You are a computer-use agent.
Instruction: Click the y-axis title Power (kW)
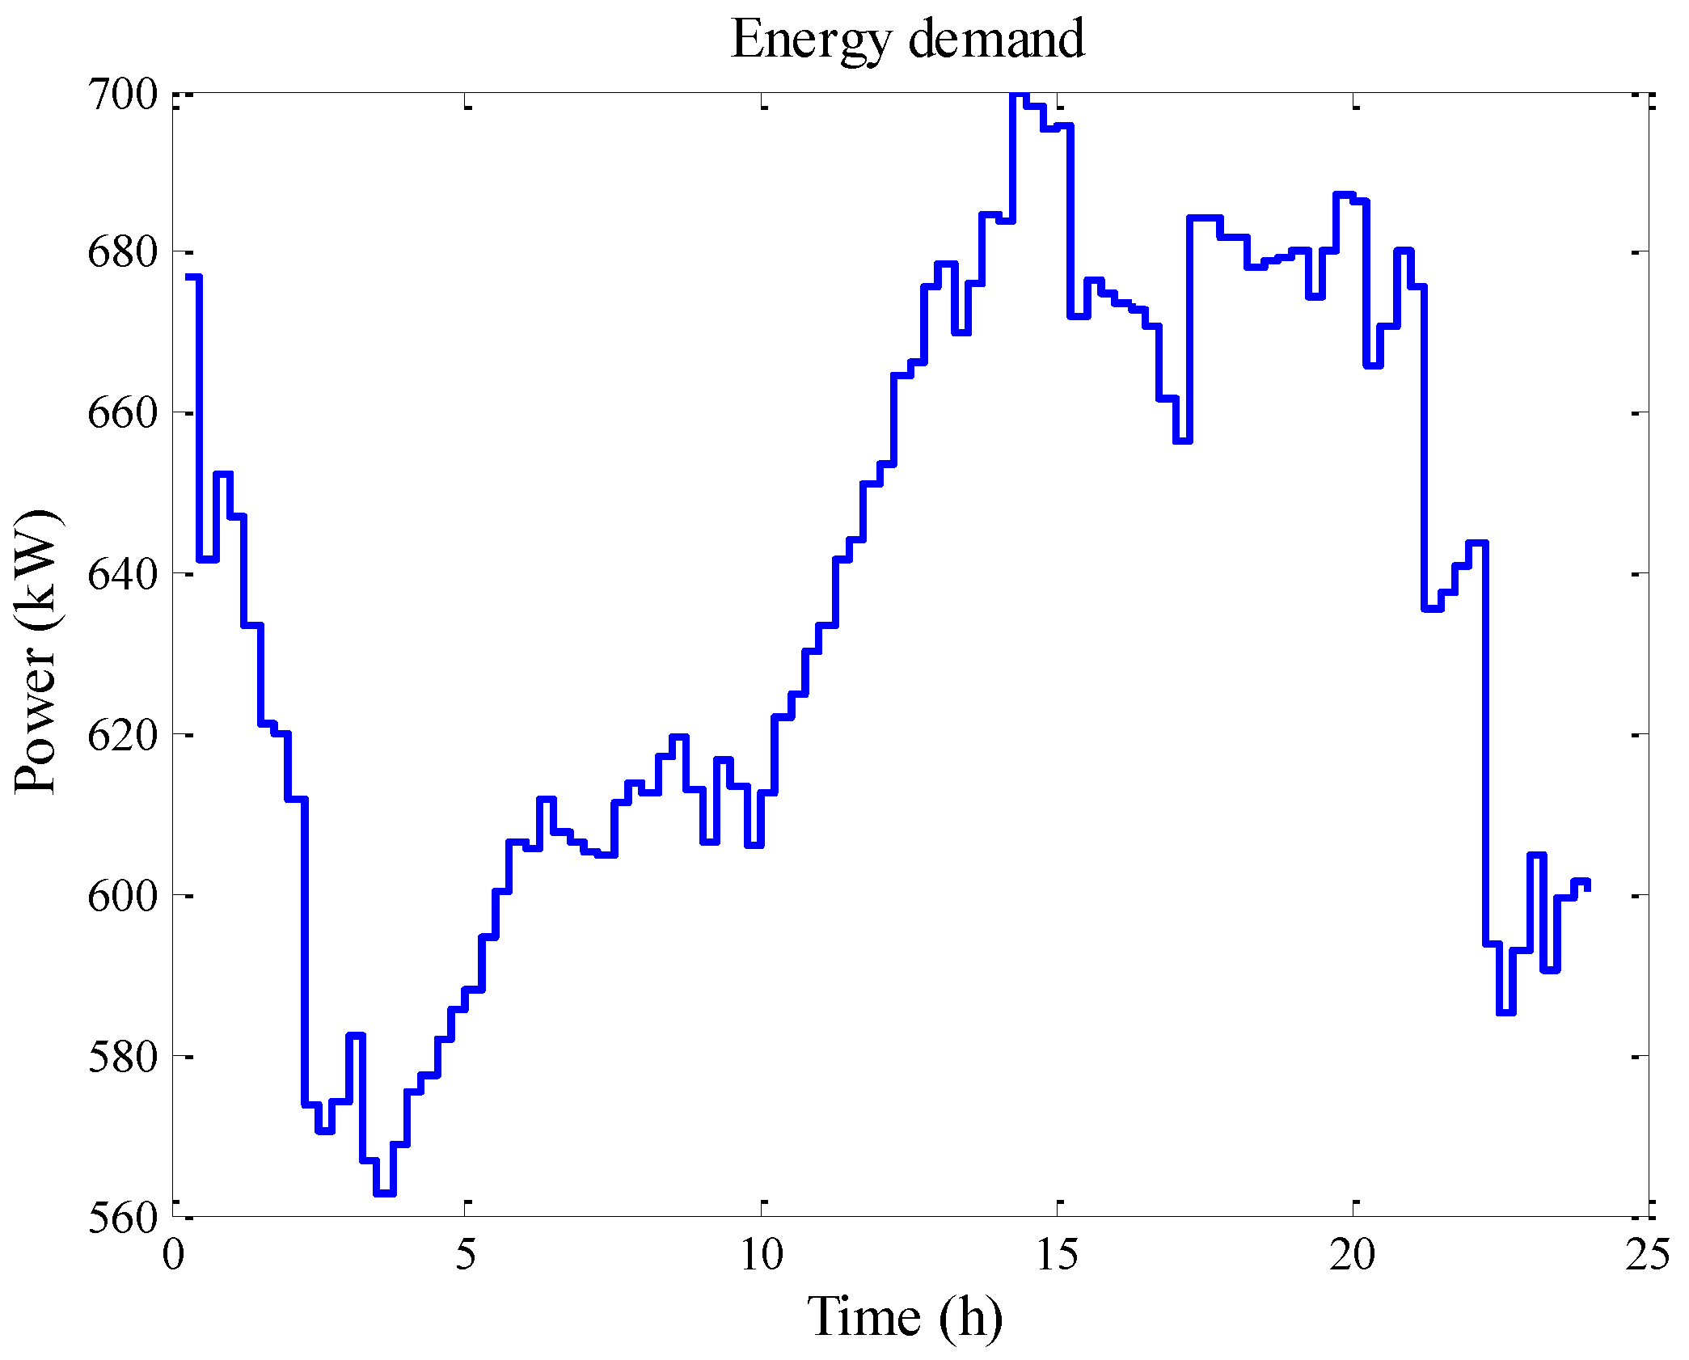pos(36,652)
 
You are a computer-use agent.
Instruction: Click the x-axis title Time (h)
pos(905,1317)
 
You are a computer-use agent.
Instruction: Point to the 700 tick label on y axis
pos(122,95)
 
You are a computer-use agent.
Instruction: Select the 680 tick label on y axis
pos(122,253)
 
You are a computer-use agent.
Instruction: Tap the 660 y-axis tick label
pos(122,413)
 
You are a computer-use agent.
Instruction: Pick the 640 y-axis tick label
pos(122,574)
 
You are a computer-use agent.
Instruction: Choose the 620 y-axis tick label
pos(122,735)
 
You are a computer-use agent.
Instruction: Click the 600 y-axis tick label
pos(122,896)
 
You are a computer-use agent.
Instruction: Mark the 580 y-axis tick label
pos(122,1057)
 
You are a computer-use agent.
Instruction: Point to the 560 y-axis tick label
pos(122,1218)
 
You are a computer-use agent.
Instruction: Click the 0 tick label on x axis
pos(173,1255)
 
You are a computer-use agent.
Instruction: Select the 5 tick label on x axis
pos(466,1255)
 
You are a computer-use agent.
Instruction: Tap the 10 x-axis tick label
pos(762,1255)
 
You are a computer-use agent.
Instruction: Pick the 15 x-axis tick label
pos(1058,1255)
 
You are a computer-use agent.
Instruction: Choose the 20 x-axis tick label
pos(1353,1255)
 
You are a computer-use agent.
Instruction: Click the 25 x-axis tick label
pos(1648,1255)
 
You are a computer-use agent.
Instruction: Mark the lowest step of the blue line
pos(385,1193)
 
